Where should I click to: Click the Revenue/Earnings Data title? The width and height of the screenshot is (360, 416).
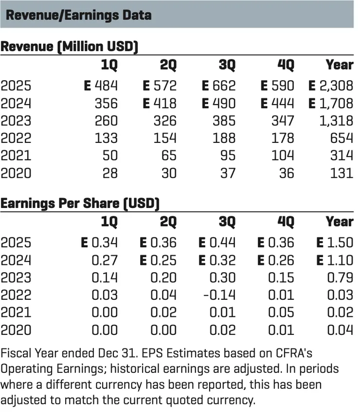point(78,15)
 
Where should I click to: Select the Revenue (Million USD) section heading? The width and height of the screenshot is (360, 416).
point(69,47)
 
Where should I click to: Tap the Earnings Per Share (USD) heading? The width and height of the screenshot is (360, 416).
point(80,203)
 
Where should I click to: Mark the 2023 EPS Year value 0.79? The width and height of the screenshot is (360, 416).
point(340,277)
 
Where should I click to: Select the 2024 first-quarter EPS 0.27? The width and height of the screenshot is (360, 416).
point(105,260)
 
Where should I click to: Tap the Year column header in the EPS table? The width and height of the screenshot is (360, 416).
point(339,222)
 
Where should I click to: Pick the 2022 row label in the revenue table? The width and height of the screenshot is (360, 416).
point(16,138)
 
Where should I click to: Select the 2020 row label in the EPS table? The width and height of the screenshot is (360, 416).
point(16,330)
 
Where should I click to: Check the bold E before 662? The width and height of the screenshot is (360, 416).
point(206,86)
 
